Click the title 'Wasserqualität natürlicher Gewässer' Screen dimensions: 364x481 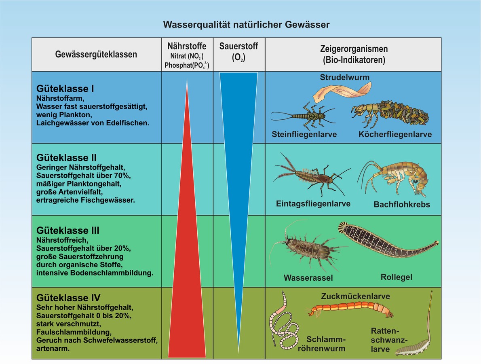click(246, 25)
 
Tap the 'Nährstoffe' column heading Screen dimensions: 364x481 click(187, 46)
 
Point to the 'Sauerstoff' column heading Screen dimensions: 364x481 click(239, 46)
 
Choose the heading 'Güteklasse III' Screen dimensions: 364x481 click(68, 231)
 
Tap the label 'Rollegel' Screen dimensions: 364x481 click(397, 277)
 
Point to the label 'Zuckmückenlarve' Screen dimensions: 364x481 click(356, 296)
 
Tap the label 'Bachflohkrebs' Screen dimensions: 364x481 click(402, 205)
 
